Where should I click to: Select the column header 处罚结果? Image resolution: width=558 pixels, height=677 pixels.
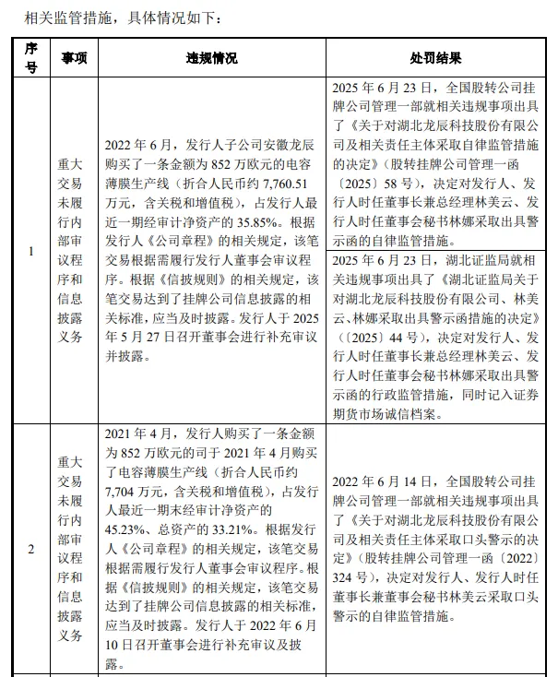click(436, 58)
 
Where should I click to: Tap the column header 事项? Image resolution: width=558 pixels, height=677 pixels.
click(74, 58)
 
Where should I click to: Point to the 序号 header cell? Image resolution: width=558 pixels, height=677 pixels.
click(31, 58)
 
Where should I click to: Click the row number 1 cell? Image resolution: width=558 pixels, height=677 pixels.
click(31, 251)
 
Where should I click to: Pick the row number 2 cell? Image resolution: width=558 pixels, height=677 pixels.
click(31, 550)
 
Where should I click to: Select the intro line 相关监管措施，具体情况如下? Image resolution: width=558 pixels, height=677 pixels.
click(123, 18)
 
